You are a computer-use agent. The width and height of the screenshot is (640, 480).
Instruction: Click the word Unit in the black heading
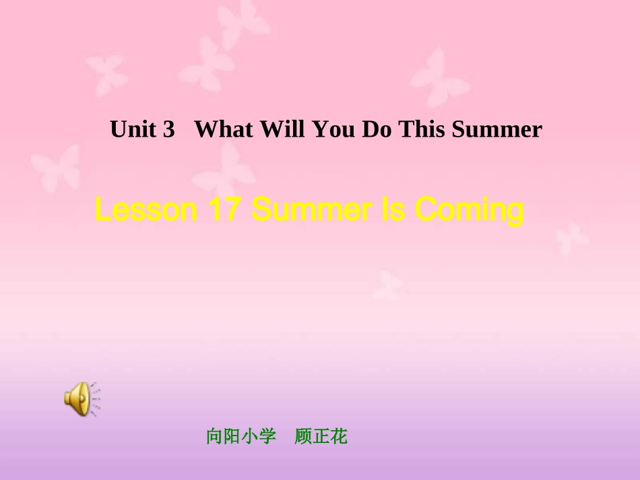(132, 129)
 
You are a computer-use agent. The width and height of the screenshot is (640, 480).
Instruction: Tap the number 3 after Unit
(168, 129)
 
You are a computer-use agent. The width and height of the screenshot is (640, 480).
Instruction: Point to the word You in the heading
(333, 129)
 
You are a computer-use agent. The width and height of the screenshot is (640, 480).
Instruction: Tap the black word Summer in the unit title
(497, 129)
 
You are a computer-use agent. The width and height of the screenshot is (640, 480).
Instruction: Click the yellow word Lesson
(145, 211)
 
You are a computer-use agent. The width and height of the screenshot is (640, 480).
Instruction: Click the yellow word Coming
(469, 211)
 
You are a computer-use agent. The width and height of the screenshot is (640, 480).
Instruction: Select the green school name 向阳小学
(241, 437)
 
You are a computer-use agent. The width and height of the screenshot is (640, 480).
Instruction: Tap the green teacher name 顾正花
(321, 437)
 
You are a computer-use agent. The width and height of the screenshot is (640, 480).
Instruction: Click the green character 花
(340, 437)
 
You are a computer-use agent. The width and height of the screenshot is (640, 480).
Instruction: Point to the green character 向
(215, 437)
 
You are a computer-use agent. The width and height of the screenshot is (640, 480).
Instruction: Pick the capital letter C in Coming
(426, 211)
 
